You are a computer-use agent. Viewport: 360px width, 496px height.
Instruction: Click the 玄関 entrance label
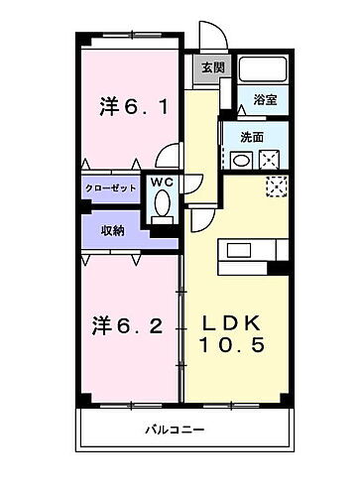[212, 68]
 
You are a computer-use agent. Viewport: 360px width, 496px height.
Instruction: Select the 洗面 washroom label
[251, 137]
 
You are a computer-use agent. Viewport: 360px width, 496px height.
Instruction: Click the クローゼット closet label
[111, 186]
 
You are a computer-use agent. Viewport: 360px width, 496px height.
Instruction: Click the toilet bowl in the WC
[162, 205]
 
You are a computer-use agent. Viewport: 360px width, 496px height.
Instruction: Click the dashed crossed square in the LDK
[275, 185]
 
